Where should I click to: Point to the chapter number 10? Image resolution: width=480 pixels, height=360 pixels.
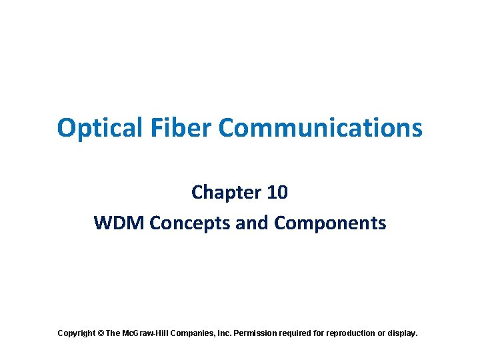point(276,193)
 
